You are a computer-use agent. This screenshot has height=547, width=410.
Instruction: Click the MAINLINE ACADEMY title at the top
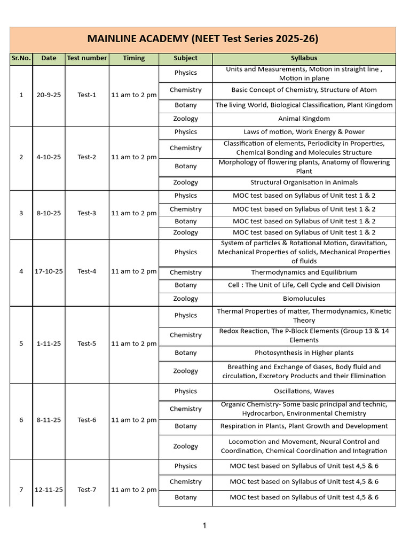[203, 38]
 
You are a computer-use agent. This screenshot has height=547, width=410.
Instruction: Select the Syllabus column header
[304, 58]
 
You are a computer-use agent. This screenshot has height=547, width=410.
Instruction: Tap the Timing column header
[133, 58]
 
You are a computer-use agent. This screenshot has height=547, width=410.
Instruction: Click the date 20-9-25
[49, 95]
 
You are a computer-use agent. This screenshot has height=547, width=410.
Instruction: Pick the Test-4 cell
[86, 271]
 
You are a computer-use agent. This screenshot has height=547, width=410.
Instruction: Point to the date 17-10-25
[49, 271]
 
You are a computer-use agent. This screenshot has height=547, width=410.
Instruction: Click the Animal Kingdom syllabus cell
[304, 119]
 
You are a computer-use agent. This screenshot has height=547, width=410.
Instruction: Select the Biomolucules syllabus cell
[304, 299]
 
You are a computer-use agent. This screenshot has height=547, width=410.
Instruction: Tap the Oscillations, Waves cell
[304, 391]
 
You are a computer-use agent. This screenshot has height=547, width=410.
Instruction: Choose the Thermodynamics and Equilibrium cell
[304, 272]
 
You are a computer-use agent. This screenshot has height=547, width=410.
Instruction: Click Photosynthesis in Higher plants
[304, 353]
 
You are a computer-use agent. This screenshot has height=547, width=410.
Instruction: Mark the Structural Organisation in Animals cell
[304, 183]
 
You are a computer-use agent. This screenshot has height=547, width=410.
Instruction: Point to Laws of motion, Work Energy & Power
[304, 132]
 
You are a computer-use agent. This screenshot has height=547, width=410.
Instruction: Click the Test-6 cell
[86, 420]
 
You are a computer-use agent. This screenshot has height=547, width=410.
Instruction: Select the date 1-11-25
[49, 343]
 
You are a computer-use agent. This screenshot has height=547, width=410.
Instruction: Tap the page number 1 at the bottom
[204, 526]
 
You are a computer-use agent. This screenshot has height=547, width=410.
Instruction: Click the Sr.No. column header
[21, 58]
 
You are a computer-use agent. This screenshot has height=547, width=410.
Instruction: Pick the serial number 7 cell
[21, 490]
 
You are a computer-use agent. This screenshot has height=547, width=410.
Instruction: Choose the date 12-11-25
[49, 490]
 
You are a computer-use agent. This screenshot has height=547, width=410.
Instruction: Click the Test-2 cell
[86, 157]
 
